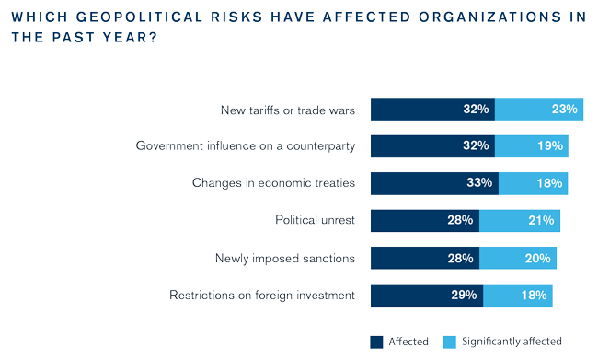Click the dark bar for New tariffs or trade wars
coord(433,110)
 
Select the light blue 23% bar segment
coord(539,110)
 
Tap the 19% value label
coord(550,145)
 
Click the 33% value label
coord(479,182)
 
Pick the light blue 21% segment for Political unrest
coord(520,221)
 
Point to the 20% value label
coord(538,259)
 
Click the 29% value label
coord(464,296)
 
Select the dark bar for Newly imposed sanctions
coord(425,258)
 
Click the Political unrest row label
coord(315,220)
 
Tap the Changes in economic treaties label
coord(273,183)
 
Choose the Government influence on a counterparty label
coord(246,145)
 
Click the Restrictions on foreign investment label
coord(262,296)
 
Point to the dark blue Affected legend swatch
coord(376,343)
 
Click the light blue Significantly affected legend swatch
coord(450,343)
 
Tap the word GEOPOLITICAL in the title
coord(139,17)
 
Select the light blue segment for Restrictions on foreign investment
coord(518,296)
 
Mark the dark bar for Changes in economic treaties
coord(435,183)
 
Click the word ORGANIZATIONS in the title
coord(490,17)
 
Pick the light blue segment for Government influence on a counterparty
coord(532,146)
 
